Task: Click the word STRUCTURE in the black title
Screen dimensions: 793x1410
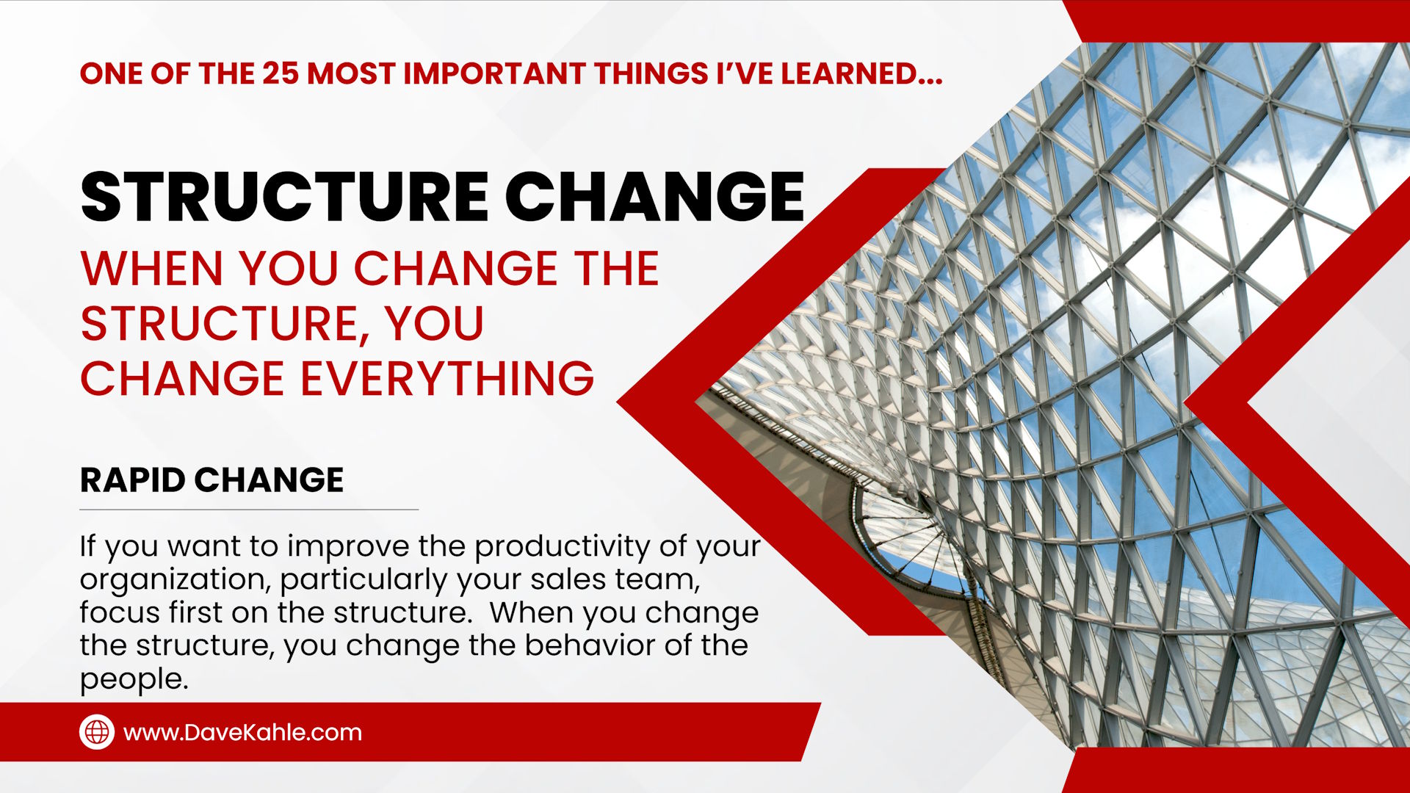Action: pyautogui.click(x=283, y=197)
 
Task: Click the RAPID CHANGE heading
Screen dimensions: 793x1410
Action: pyautogui.click(x=211, y=480)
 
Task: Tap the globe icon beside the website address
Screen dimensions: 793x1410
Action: pyautogui.click(x=97, y=732)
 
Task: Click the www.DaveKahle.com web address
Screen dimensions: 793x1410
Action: pyautogui.click(x=242, y=733)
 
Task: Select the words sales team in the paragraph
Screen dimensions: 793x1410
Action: pyautogui.click(x=615, y=580)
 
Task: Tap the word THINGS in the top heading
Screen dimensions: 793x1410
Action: pyautogui.click(x=651, y=74)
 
